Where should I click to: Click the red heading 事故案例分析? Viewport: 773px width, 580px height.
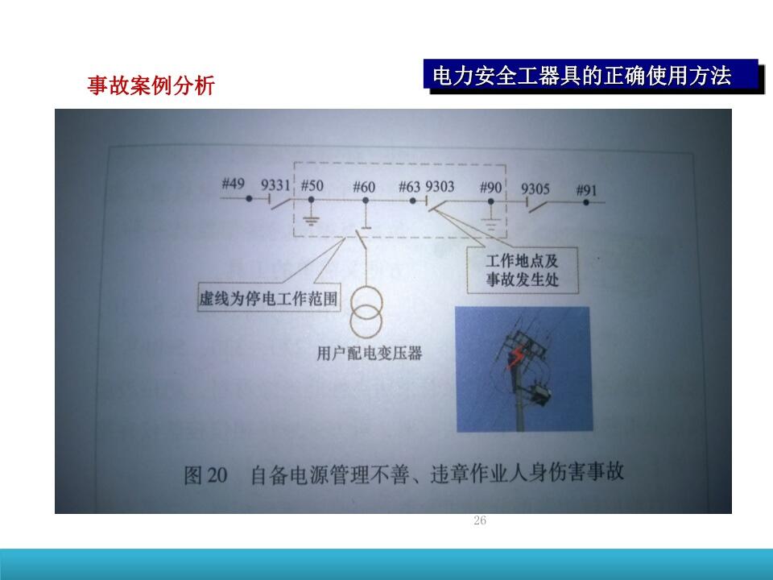pos(151,85)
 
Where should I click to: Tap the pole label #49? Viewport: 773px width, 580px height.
pos(234,184)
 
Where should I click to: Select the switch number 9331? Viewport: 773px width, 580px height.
pos(275,185)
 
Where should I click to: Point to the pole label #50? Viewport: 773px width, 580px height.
pos(312,186)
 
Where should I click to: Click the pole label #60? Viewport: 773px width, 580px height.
pos(364,188)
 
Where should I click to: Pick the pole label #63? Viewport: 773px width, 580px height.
pos(409,187)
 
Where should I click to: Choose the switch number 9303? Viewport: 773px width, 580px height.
pos(440,187)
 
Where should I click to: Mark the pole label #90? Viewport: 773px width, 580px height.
pos(491,188)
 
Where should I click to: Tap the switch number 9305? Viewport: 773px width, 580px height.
pos(535,188)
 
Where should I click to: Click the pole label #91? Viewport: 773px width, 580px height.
pos(587,190)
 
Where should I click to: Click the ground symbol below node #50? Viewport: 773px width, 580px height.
pos(311,220)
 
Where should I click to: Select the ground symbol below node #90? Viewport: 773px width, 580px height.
pos(490,225)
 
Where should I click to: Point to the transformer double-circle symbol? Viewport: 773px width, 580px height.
pos(366,312)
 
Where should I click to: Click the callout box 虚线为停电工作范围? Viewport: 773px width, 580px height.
pos(269,297)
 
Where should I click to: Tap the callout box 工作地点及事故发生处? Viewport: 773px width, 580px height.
pos(522,271)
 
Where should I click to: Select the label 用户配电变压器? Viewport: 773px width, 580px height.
pos(370,353)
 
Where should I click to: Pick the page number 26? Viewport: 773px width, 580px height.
pos(480,520)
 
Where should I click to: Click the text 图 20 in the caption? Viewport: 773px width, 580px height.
pos(205,475)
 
